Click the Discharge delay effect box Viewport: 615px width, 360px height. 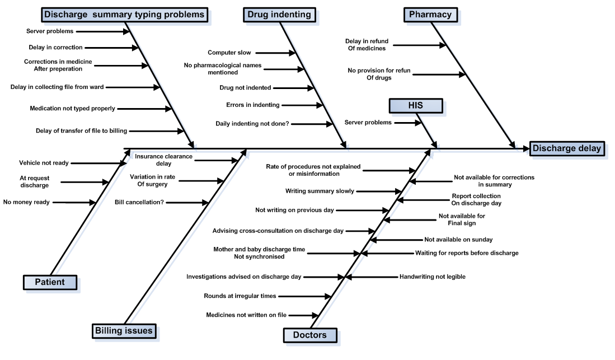point(567,148)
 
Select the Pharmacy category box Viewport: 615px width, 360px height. point(430,15)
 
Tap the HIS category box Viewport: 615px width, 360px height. point(416,106)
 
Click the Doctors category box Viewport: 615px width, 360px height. point(310,335)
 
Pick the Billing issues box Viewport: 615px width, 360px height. point(124,331)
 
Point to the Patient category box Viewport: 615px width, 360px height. point(50,282)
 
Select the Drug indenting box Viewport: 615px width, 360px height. point(279,15)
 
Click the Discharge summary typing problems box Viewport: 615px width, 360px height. point(124,15)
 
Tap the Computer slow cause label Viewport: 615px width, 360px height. point(229,53)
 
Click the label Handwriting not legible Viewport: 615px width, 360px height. point(432,277)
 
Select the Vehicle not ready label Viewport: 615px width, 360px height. point(44,163)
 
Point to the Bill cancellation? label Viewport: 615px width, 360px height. point(139,202)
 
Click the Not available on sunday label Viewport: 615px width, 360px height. point(458,240)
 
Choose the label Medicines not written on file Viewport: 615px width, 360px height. point(246,315)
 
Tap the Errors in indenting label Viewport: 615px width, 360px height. point(252,105)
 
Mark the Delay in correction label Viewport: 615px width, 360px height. point(56,48)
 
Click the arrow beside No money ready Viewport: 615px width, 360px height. point(74,203)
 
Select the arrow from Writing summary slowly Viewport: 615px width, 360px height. point(379,191)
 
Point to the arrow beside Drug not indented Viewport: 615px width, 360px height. point(293,88)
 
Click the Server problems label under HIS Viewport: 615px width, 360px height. point(368,123)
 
